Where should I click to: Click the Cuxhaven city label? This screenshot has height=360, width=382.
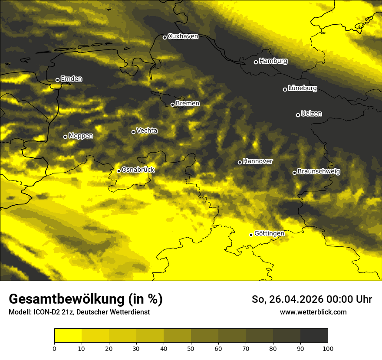pyautogui.click(x=183, y=36)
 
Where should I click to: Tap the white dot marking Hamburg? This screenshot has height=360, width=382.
pyautogui.click(x=256, y=62)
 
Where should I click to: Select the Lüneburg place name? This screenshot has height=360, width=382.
pyautogui.click(x=302, y=88)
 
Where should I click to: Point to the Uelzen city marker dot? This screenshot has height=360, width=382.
pyautogui.click(x=298, y=115)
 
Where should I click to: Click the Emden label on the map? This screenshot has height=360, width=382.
pyautogui.click(x=71, y=79)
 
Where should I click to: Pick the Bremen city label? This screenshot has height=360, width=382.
pyautogui.click(x=188, y=104)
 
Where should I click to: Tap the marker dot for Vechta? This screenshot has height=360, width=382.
pyautogui.click(x=133, y=132)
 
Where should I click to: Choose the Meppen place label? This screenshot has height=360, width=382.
pyautogui.click(x=81, y=136)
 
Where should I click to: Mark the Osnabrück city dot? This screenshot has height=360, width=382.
pyautogui.click(x=119, y=171)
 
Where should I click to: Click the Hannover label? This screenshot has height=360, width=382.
pyautogui.click(x=258, y=161)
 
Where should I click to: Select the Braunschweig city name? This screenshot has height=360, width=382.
pyautogui.click(x=319, y=172)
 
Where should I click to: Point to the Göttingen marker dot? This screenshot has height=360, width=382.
pyautogui.click(x=251, y=235)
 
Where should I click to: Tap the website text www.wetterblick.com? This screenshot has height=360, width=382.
pyautogui.click(x=313, y=312)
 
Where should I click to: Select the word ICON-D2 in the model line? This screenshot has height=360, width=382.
pyautogui.click(x=44, y=312)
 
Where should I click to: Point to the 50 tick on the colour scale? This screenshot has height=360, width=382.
pyautogui.click(x=191, y=348)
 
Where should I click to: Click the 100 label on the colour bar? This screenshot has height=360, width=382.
pyautogui.click(x=328, y=348)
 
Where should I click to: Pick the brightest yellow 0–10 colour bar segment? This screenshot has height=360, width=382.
pyautogui.click(x=68, y=335)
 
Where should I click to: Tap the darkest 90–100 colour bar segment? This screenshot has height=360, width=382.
pyautogui.click(x=314, y=335)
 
